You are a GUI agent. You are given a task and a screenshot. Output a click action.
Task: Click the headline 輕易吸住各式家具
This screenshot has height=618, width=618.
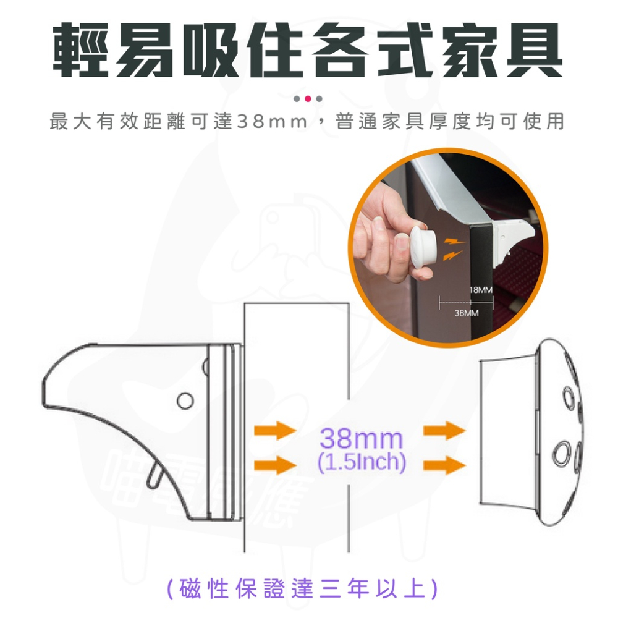(307, 51)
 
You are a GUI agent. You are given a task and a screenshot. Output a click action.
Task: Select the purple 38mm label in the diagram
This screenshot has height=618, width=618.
(362, 439)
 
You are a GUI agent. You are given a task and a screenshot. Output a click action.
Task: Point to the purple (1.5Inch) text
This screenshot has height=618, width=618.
(361, 462)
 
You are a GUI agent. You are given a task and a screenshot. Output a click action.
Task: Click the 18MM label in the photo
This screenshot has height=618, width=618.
(481, 290)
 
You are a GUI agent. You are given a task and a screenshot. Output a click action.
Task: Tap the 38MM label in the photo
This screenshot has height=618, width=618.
(467, 313)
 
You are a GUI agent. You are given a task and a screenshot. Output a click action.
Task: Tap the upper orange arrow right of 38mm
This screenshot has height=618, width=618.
(444, 431)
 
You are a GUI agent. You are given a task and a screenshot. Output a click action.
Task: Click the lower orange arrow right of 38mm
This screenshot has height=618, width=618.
(444, 463)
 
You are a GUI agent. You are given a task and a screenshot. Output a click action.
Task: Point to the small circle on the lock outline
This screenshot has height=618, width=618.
(184, 400)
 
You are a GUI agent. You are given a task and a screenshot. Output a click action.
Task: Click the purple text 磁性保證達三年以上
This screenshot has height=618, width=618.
(303, 588)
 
